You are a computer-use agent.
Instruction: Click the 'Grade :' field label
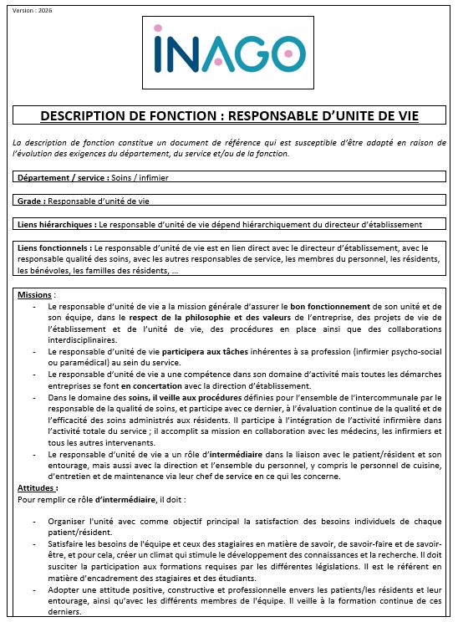[x=31, y=201]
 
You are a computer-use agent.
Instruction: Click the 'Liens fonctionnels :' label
[x=54, y=248]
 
